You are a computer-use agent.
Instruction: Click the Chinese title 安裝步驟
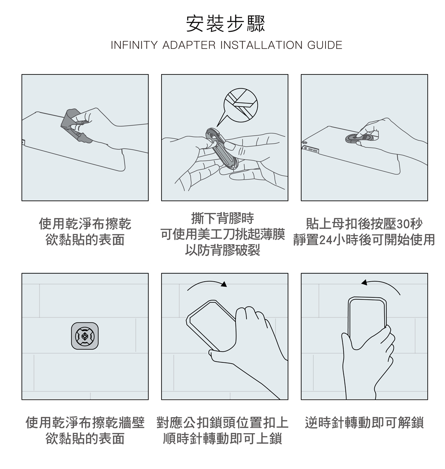click(225, 24)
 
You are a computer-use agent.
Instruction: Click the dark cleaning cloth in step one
click(75, 126)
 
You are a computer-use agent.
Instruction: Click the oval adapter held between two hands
click(222, 149)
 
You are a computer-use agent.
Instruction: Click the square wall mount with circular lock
click(85, 336)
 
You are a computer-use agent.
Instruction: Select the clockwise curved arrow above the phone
click(207, 285)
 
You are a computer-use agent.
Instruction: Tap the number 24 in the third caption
click(326, 240)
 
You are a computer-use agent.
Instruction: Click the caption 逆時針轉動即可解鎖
click(364, 423)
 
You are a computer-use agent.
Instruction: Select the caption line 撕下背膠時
click(222, 218)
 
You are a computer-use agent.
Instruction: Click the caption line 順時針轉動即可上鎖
click(222, 439)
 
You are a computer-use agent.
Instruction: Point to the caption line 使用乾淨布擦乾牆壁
click(85, 423)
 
